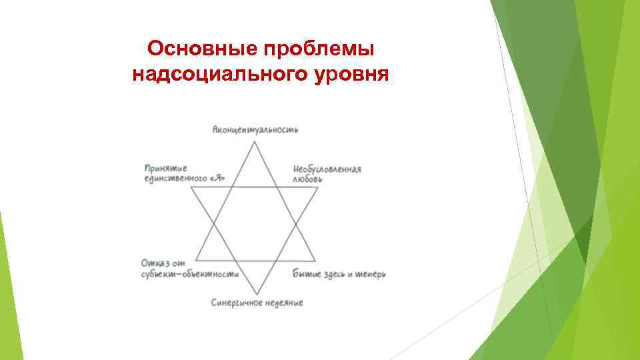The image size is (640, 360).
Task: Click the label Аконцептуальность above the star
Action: pos(255,129)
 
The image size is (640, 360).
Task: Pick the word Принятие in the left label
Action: pos(165,168)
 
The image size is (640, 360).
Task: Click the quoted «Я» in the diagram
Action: pos(217,178)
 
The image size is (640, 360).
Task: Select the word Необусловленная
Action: pos(327,169)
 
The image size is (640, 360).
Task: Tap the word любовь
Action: pos(308,179)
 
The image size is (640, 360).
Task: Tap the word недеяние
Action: pos(284,303)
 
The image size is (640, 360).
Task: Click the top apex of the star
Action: pos(254,141)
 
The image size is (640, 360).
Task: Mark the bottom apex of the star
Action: pos(254,294)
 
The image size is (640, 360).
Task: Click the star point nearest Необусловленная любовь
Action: pos(317,188)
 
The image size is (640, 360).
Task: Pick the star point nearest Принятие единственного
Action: pos(191,187)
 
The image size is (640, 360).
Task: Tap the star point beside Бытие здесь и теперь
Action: pos(315,260)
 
